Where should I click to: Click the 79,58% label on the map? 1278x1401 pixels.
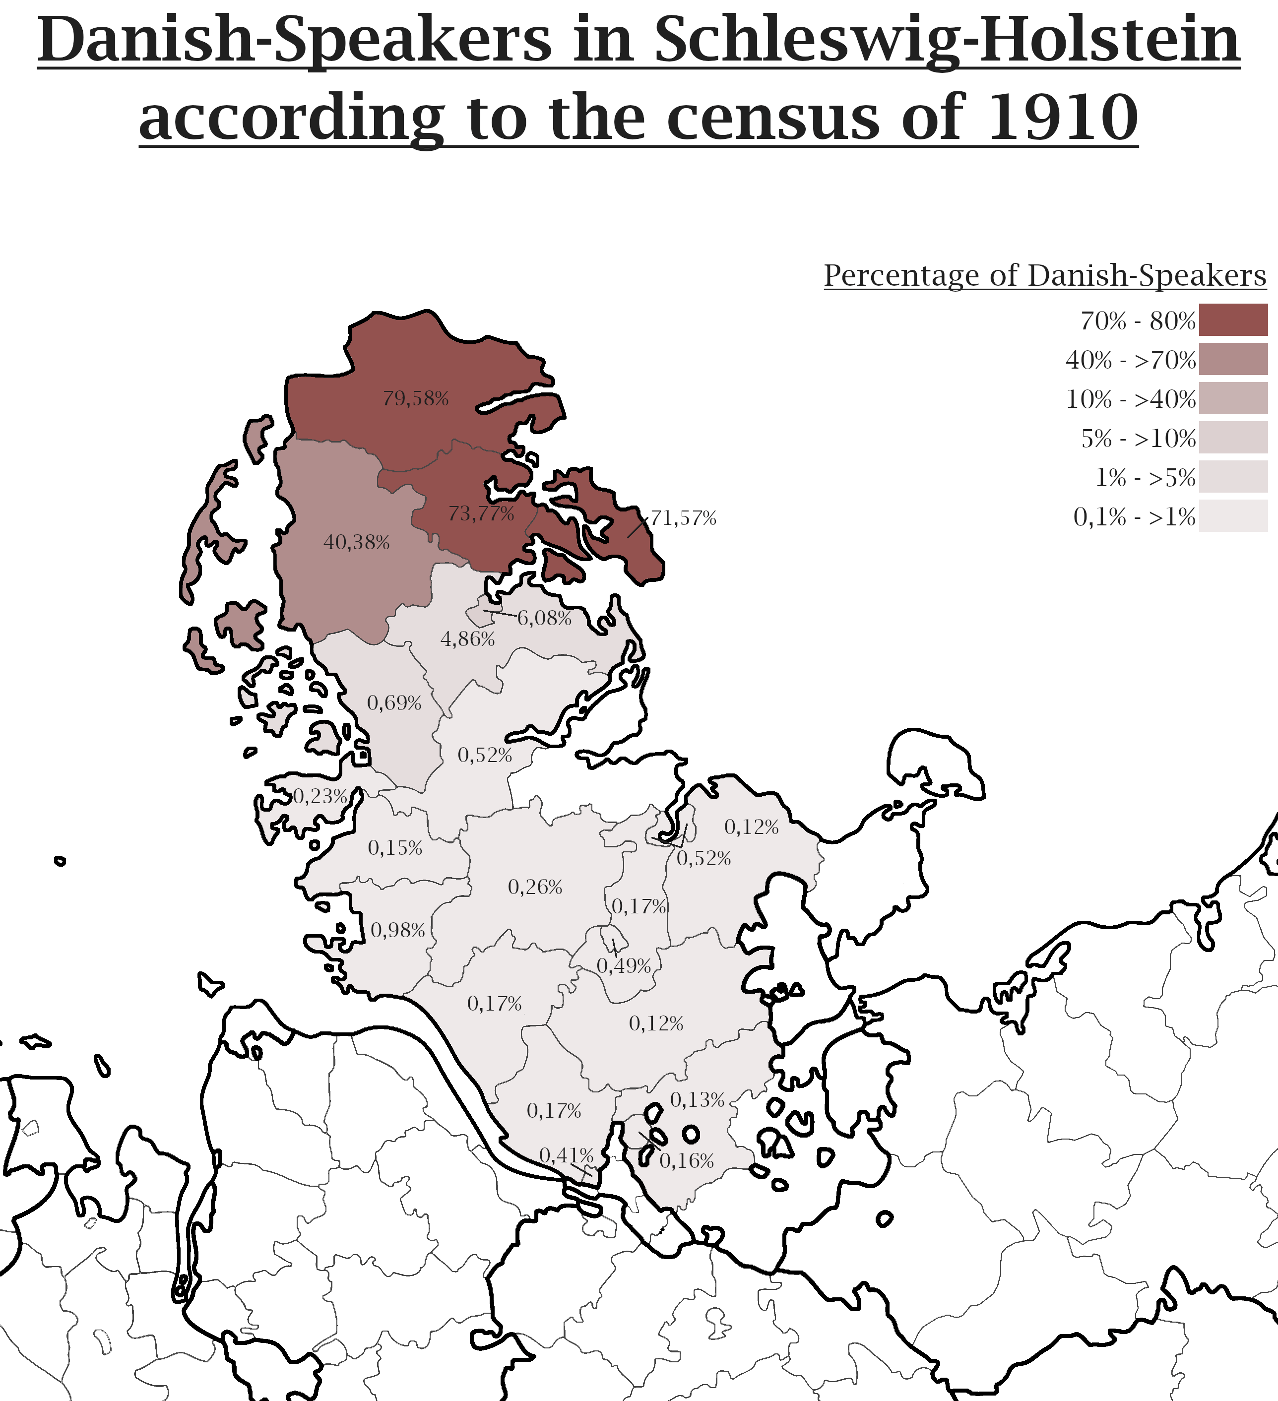tap(416, 399)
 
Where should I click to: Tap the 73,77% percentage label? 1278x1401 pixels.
tap(481, 513)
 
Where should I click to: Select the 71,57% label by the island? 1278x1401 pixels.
tap(683, 518)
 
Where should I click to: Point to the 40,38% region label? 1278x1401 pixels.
tap(357, 542)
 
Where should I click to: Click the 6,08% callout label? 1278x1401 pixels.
tap(544, 618)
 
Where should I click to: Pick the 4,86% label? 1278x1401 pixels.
tap(468, 638)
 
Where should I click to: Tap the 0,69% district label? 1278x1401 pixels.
tap(394, 702)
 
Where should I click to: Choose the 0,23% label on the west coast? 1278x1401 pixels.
tap(319, 796)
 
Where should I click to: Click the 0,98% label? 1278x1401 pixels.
tap(397, 930)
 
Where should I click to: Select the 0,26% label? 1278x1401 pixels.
tap(535, 887)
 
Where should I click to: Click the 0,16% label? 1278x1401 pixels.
tap(687, 1160)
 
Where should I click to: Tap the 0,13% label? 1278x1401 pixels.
tap(697, 1100)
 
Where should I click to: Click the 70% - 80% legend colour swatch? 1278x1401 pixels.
tap(1233, 319)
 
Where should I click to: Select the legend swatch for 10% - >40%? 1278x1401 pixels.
tap(1233, 398)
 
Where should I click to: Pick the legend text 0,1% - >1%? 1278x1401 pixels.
tap(1134, 516)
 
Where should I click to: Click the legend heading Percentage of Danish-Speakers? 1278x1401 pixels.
tap(1044, 275)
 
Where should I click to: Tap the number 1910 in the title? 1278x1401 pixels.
tap(1063, 118)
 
